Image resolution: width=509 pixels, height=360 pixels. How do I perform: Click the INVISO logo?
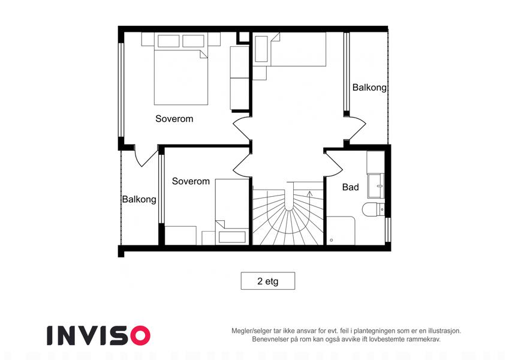coord(99,335)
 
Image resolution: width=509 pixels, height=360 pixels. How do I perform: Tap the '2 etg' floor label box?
coord(268,281)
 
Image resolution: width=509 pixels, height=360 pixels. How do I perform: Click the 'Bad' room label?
coord(351,187)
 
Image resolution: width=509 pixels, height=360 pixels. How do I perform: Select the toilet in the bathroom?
coord(374,209)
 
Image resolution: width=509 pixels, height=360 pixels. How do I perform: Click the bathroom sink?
coord(377,186)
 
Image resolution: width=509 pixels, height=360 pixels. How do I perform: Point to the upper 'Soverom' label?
coord(174,119)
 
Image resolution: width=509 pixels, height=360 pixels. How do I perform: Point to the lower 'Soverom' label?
coord(191,181)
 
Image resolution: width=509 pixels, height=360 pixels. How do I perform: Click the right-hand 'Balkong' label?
coord(369,88)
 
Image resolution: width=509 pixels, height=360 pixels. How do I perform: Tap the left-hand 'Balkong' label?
coord(139,199)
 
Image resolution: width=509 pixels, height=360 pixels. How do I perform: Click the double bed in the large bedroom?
coord(181,77)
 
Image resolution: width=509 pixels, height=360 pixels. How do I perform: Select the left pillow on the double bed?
coord(168,41)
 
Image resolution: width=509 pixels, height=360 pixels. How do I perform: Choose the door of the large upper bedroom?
coord(242,128)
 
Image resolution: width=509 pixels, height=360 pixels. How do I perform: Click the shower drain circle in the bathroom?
coord(331,240)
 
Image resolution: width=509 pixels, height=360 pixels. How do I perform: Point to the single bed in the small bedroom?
coord(232,212)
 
